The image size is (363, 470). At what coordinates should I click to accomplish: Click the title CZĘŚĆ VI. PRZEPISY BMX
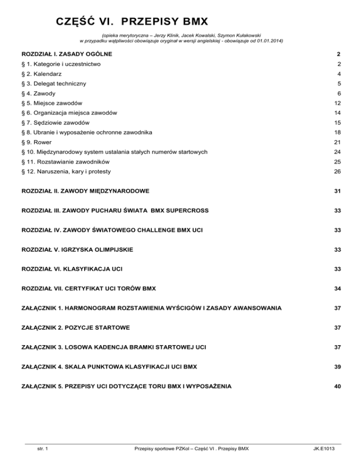click(x=132, y=22)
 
